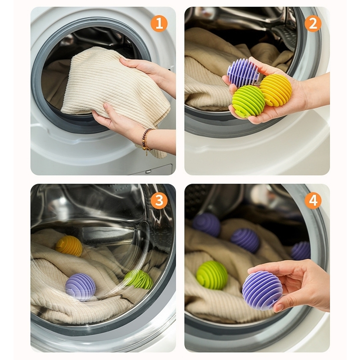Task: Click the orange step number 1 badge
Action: click(x=159, y=24)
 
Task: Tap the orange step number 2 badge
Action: click(x=313, y=24)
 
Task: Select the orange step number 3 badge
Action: click(x=159, y=200)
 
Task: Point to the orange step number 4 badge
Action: click(x=313, y=200)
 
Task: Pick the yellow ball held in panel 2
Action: click(x=276, y=90)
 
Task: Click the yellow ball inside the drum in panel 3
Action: click(x=69, y=246)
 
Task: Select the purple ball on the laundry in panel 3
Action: click(x=80, y=287)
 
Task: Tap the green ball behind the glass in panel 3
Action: click(x=139, y=279)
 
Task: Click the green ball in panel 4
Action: click(x=212, y=275)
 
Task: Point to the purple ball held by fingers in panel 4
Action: click(x=262, y=290)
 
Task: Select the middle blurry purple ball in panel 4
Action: click(x=245, y=240)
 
